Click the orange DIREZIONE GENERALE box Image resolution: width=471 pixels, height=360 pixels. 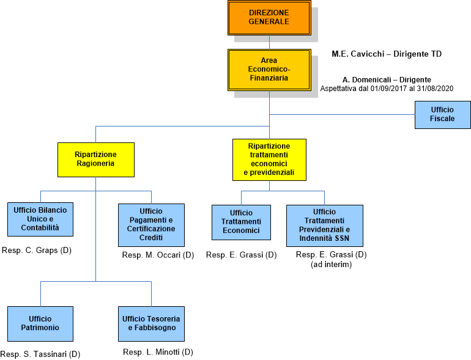click(x=269, y=17)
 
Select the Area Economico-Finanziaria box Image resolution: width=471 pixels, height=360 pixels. click(x=269, y=69)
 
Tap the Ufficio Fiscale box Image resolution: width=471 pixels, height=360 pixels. click(x=442, y=114)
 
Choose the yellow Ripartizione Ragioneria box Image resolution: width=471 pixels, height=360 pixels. click(x=95, y=159)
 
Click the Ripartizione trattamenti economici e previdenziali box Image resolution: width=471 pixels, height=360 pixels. click(x=269, y=160)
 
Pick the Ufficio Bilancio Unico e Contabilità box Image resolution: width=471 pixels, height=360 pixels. click(x=40, y=219)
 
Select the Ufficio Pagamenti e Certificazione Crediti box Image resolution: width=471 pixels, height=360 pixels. click(x=151, y=224)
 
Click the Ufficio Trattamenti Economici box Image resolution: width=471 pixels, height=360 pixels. click(x=241, y=221)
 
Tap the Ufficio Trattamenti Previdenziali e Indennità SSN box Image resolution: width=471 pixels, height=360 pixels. click(x=324, y=224)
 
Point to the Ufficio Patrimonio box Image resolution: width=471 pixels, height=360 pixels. click(x=40, y=323)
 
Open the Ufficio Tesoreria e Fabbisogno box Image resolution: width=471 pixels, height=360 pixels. click(x=151, y=323)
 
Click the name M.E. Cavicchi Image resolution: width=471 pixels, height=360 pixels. click(x=352, y=54)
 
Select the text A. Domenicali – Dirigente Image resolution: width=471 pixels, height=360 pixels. click(x=387, y=79)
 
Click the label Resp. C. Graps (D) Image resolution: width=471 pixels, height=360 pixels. click(x=37, y=250)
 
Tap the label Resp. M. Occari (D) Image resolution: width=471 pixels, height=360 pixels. click(x=158, y=255)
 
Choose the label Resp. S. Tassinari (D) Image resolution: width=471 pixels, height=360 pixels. click(x=40, y=354)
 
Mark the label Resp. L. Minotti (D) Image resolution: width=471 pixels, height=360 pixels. click(x=158, y=352)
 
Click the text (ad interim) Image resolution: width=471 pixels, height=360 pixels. click(x=331, y=265)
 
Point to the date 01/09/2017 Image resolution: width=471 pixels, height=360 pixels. click(x=389, y=89)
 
